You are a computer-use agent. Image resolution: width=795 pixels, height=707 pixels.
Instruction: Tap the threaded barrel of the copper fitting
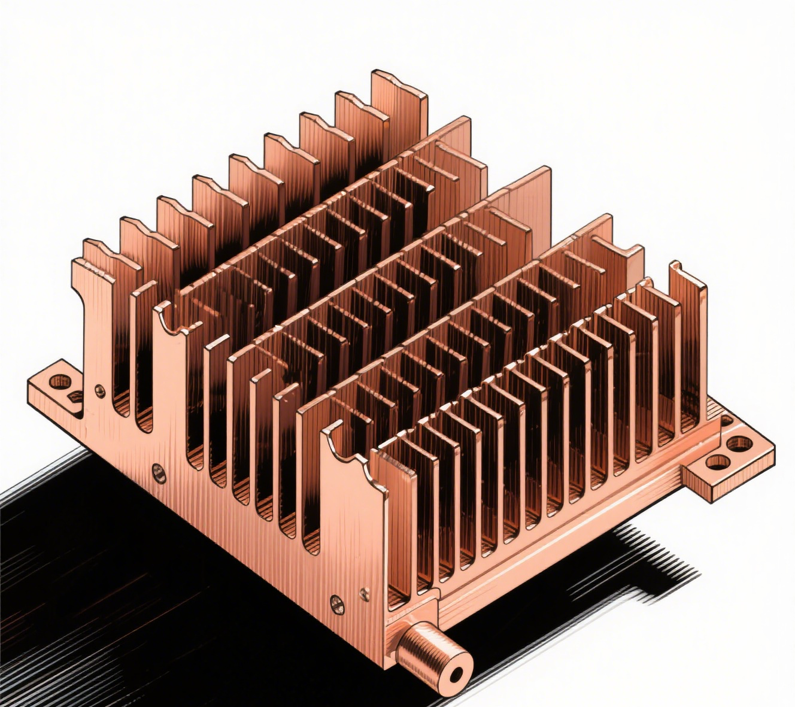(426, 650)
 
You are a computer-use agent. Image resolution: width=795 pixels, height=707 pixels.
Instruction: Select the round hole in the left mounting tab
(59, 381)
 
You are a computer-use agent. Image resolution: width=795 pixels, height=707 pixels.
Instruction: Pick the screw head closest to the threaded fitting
(363, 594)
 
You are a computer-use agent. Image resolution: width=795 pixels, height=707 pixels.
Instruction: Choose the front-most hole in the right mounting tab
(716, 462)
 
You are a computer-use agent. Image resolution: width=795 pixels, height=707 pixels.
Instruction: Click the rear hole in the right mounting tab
(740, 444)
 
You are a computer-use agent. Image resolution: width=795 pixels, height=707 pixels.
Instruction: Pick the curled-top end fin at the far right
(688, 275)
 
